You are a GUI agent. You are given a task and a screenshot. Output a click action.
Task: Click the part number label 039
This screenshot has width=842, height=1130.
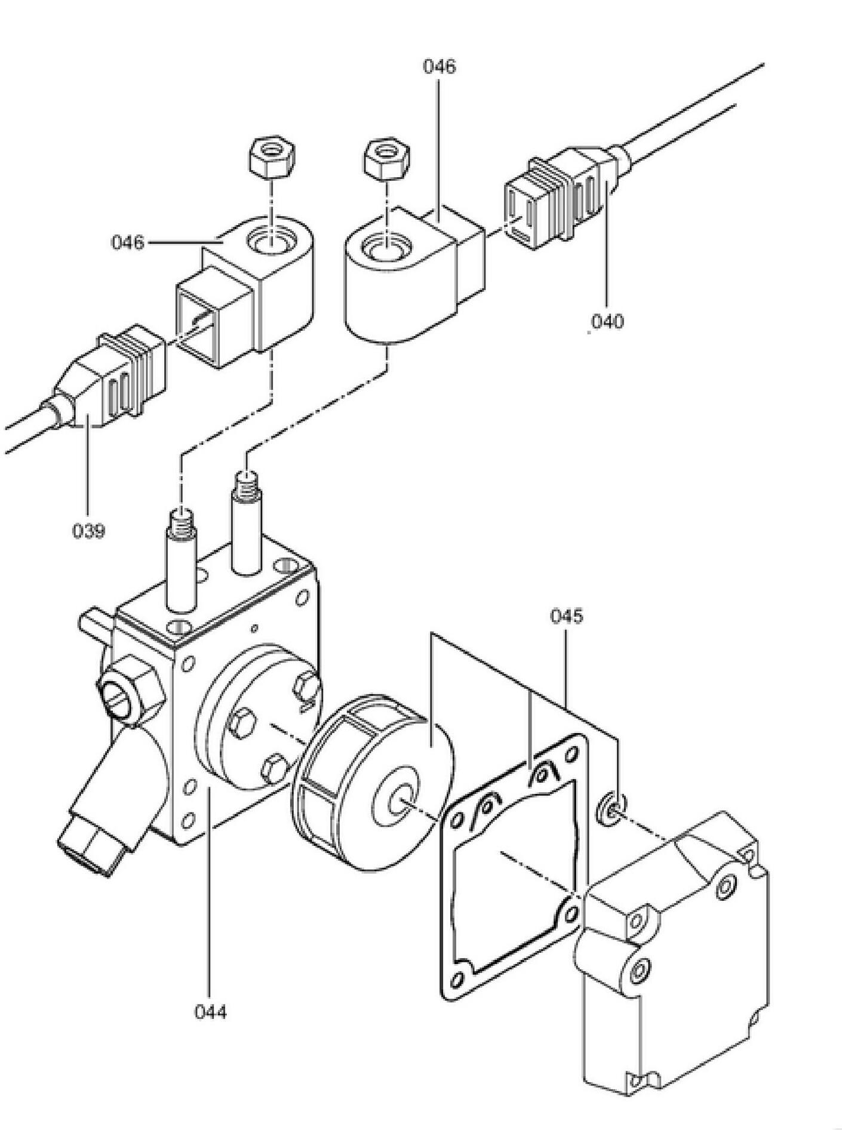click(x=88, y=530)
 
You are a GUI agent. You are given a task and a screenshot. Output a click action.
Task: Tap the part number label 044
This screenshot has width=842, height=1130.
click(x=210, y=1011)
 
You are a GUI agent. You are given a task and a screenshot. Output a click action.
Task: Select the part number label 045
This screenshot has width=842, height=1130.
click(x=566, y=616)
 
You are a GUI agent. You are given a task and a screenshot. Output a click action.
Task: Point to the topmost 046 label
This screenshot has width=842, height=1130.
click(x=439, y=66)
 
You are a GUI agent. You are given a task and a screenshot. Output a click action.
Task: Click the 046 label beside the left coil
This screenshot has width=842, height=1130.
click(x=128, y=242)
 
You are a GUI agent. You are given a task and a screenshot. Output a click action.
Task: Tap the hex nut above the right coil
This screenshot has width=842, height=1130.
click(x=386, y=159)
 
